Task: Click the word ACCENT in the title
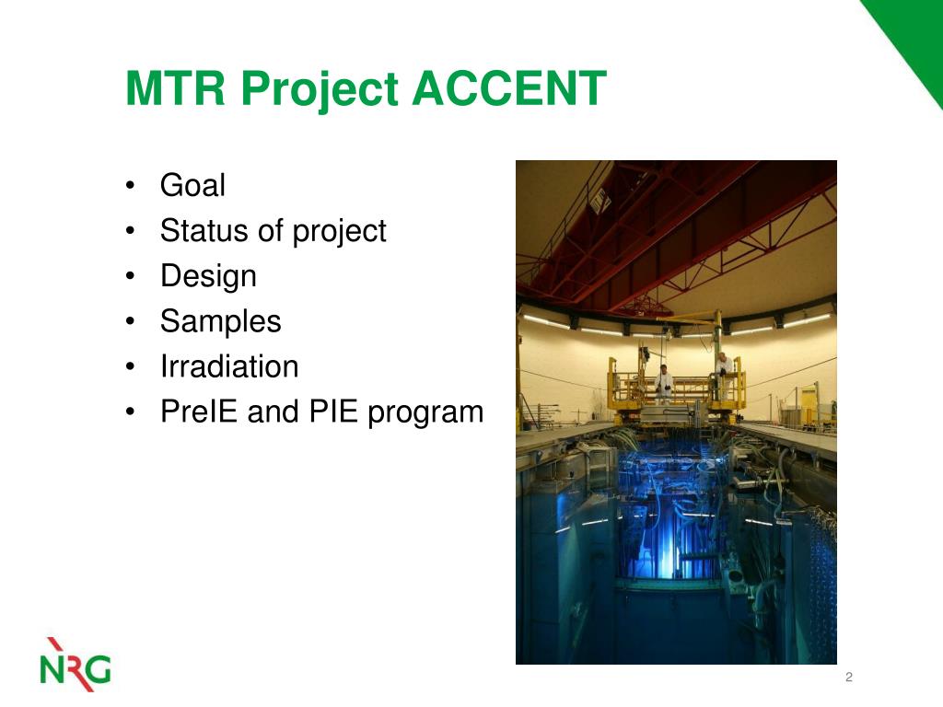(509, 87)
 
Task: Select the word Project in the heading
(320, 91)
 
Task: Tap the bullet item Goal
(192, 184)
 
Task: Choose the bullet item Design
(208, 277)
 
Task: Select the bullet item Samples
(221, 322)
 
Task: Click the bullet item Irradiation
(229, 366)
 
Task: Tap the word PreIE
(199, 411)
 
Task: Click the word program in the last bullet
(425, 414)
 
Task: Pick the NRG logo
(76, 665)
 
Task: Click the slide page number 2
(848, 677)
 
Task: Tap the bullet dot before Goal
(131, 185)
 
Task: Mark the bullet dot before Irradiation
(131, 366)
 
